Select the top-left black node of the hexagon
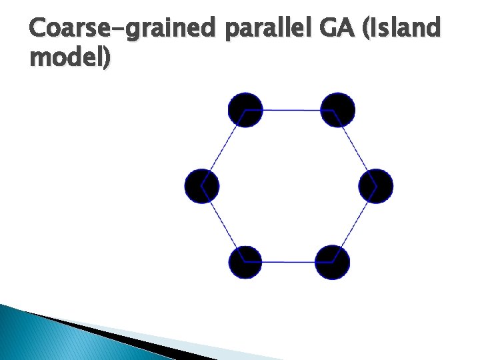[x=245, y=109]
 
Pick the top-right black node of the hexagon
[x=337, y=109]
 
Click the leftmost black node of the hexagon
[x=201, y=186]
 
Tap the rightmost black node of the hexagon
[x=376, y=186]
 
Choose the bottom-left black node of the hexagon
[x=245, y=261]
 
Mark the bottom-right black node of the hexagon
[x=332, y=261]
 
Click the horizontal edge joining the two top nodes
[x=291, y=109]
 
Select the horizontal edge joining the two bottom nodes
[x=289, y=261]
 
